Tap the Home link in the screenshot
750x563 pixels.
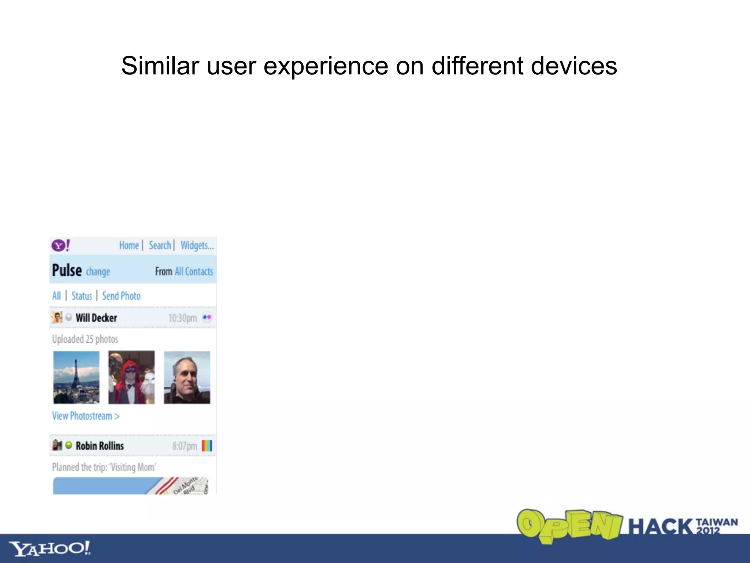129,245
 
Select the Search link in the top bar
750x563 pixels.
160,245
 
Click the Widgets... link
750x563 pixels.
197,245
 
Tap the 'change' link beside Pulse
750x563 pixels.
98,272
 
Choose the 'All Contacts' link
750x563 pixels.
194,272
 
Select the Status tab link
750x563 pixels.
82,296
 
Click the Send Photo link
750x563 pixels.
121,296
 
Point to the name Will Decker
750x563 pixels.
96,318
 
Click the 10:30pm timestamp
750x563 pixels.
182,318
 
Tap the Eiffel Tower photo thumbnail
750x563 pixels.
76,377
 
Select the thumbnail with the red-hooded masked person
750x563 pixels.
131,377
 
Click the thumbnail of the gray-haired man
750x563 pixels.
187,377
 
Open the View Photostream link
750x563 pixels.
86,416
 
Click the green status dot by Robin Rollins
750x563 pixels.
68,445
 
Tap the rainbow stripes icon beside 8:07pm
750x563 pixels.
207,446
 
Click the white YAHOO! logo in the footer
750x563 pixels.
50,548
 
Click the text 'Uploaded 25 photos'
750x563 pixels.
85,339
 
